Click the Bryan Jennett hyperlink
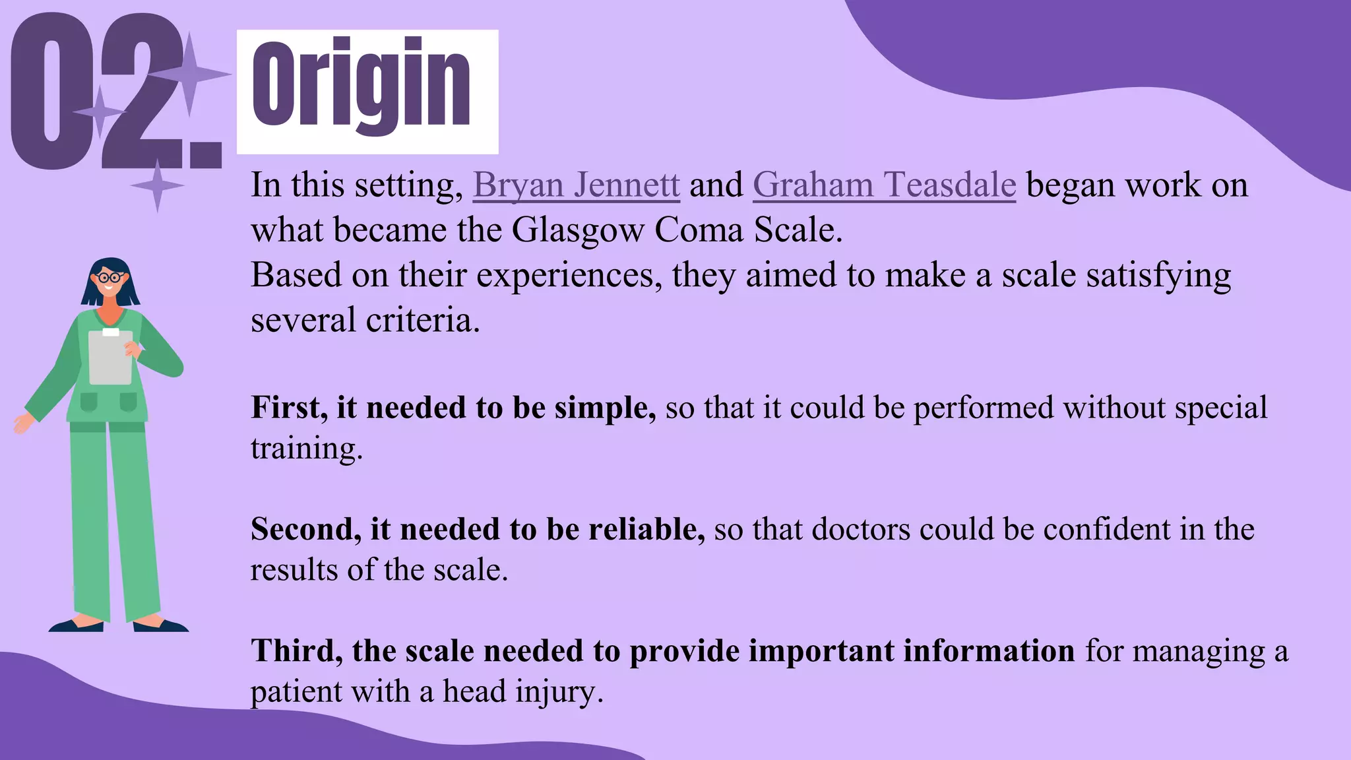point(576,185)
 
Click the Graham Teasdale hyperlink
point(884,185)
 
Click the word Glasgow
point(578,230)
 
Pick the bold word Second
point(305,529)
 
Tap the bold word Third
point(296,651)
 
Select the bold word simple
point(604,408)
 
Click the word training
point(306,449)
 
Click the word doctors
point(860,529)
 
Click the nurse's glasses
point(110,277)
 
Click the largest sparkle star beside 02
point(190,74)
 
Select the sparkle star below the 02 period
point(157,186)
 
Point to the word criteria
point(422,320)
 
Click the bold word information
point(989,651)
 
